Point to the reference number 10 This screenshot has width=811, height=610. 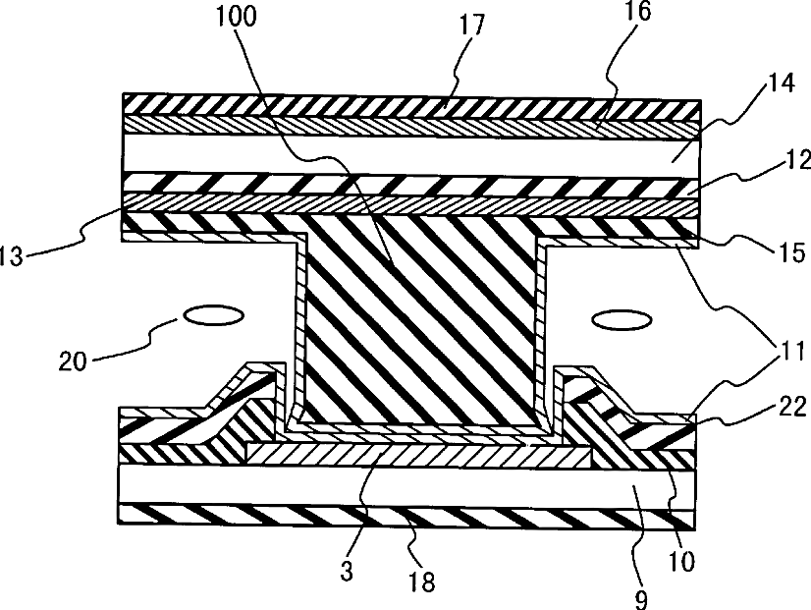681,562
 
